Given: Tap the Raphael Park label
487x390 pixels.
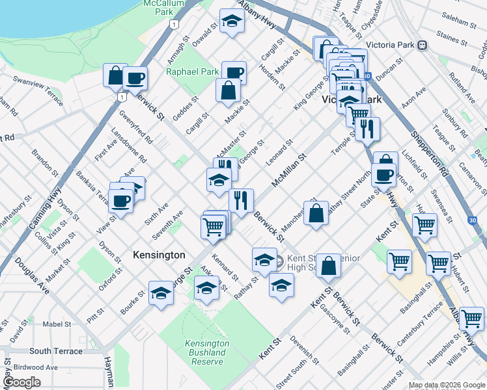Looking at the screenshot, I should tap(193, 72).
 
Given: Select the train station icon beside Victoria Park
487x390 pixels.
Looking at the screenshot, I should tap(422, 45).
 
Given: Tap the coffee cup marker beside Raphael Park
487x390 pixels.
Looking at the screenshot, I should tap(234, 73).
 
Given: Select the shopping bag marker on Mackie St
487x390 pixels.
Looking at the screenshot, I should tap(229, 92).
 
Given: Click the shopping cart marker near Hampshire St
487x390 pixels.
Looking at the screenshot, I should tap(471, 318).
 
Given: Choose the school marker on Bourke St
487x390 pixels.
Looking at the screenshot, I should tap(161, 293).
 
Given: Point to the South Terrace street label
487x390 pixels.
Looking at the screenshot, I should tap(56, 351).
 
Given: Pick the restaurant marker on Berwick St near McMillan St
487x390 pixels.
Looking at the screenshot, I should tap(241, 201).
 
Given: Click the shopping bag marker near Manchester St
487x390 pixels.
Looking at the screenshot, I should tap(316, 214).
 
